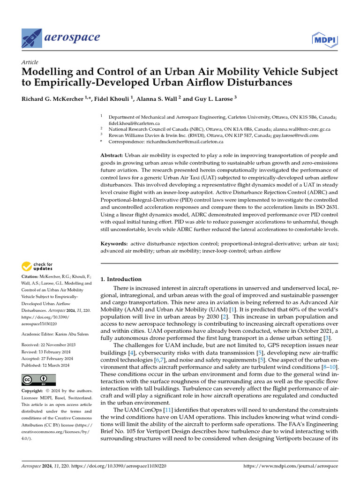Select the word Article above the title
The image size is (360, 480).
point(30,62)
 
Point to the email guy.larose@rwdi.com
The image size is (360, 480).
point(291,135)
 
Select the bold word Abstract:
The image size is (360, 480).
point(112,155)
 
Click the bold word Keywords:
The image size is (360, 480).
point(114,244)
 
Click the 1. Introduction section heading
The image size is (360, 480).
point(121,279)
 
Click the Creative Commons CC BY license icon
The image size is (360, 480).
point(38,380)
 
